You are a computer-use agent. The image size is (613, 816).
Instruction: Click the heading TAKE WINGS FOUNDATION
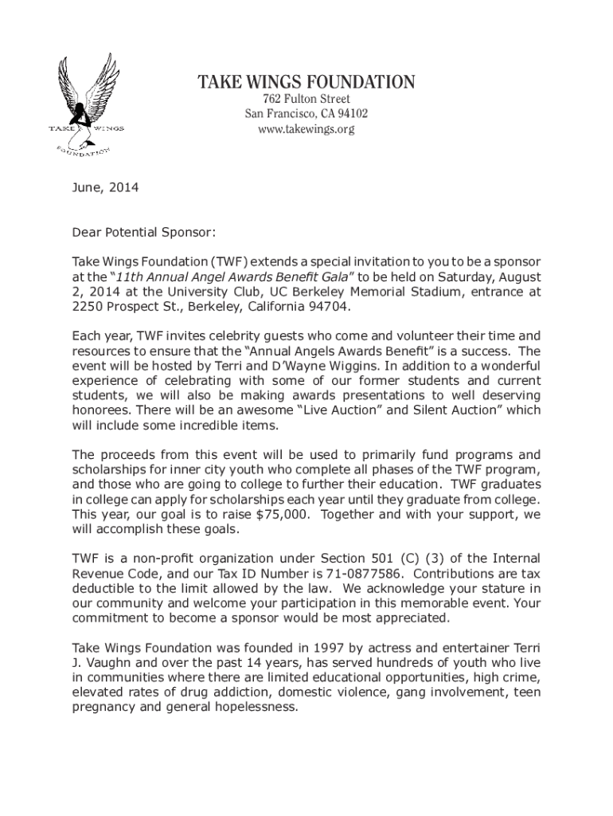point(306,82)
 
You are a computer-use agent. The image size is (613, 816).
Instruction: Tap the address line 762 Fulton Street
point(306,100)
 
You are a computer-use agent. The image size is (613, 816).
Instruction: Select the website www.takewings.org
point(306,128)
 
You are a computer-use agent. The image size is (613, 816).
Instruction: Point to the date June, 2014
point(105,188)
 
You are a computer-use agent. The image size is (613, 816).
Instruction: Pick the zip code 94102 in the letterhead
point(352,114)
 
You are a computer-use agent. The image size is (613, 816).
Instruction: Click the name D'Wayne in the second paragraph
point(300,366)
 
